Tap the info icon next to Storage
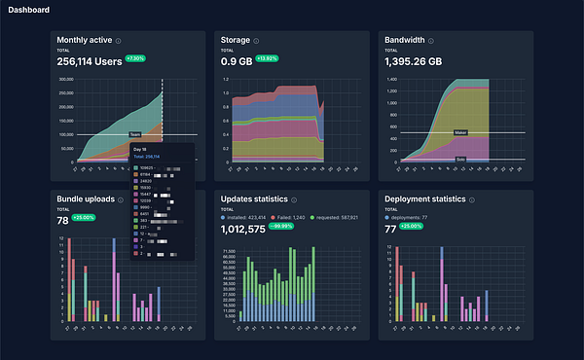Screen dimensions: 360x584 pyautogui.click(x=256, y=41)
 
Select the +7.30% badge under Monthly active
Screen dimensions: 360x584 pyautogui.click(x=135, y=58)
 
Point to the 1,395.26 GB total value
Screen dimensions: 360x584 pyautogui.click(x=421, y=58)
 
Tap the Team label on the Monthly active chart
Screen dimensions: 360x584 pyautogui.click(x=135, y=135)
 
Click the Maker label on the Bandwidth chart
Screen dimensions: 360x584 pyautogui.click(x=461, y=132)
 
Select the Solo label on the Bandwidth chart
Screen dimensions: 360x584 pyautogui.click(x=460, y=159)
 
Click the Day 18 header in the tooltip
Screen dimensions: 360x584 pyautogui.click(x=142, y=149)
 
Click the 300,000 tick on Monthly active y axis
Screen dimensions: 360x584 pyautogui.click(x=67, y=80)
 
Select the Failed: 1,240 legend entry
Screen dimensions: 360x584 pyautogui.click(x=288, y=217)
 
